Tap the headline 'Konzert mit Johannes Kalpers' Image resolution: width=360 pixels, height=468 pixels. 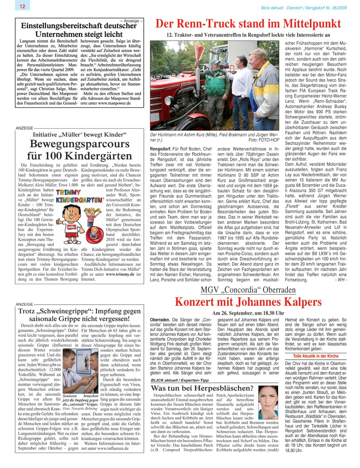[x=248, y=302]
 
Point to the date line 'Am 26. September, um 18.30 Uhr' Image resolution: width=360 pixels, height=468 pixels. [x=248, y=313]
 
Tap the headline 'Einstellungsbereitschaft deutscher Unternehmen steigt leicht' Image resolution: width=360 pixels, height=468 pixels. [x=79, y=30]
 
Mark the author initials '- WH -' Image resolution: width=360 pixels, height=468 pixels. [x=340, y=280]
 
